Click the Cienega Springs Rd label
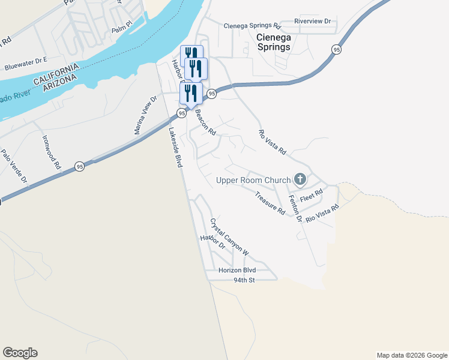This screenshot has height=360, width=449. click(252, 26)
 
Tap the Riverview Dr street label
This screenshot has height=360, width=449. click(313, 21)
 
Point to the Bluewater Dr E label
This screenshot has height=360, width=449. click(25, 61)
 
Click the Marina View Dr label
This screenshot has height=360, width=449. click(146, 115)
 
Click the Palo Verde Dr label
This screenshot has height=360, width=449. click(14, 166)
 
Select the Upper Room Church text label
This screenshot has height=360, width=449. click(252, 180)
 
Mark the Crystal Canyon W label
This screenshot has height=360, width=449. click(229, 237)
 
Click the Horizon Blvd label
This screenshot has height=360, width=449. click(237, 271)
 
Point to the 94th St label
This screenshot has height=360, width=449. click(244, 280)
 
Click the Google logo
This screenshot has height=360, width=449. click(20, 353)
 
